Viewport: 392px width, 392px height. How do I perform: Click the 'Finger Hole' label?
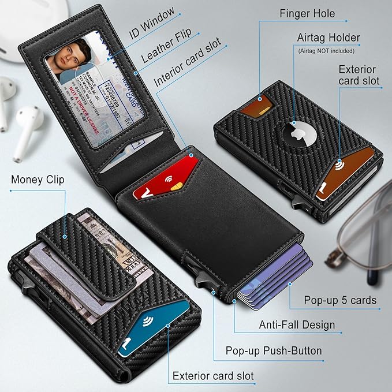pos(307,13)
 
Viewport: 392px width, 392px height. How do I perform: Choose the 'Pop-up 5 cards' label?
pos(340,300)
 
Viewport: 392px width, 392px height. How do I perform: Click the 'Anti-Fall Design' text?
pos(297,325)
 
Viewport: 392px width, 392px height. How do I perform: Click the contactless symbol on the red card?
pos(171,180)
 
